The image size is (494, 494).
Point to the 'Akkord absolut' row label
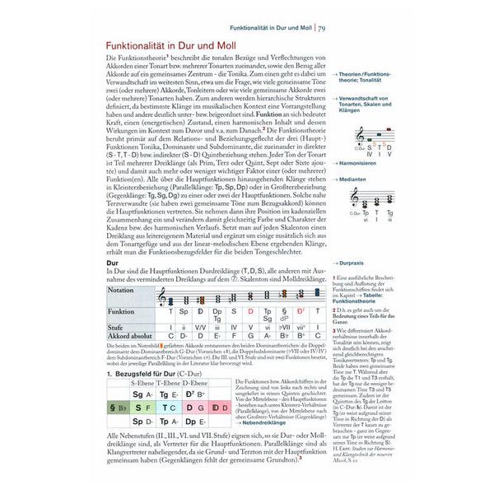click(x=132, y=335)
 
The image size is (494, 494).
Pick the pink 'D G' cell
click(x=194, y=407)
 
